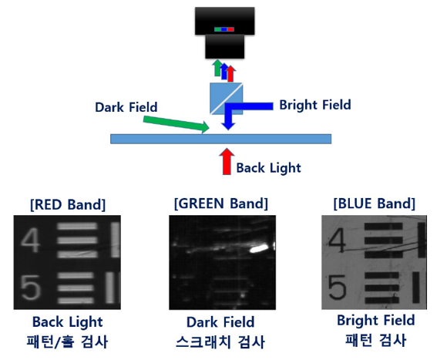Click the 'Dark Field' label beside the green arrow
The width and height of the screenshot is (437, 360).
[126, 107]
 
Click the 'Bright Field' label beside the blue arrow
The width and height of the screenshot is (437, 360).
[315, 105]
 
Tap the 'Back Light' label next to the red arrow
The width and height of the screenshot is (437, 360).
[269, 168]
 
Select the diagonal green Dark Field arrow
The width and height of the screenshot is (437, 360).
[176, 124]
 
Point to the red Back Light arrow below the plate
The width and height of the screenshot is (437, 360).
[227, 162]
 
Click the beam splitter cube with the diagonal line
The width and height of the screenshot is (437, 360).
[227, 99]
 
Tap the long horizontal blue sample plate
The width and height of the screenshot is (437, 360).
[220, 139]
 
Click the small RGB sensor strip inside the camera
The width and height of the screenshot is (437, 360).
[224, 29]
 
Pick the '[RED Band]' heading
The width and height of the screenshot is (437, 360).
[68, 204]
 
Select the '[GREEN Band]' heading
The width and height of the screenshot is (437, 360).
[221, 204]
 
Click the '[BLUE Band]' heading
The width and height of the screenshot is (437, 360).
[375, 204]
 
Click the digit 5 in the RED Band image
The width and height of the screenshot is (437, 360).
[30, 288]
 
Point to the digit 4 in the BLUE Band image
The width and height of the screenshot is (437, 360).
[337, 240]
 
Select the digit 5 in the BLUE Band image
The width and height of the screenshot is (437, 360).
[337, 288]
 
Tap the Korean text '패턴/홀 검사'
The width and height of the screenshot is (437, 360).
[67, 341]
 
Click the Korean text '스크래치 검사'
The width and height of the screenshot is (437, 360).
[220, 341]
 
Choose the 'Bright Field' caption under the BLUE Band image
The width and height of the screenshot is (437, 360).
[376, 320]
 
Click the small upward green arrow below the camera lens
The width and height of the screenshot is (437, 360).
[217, 68]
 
